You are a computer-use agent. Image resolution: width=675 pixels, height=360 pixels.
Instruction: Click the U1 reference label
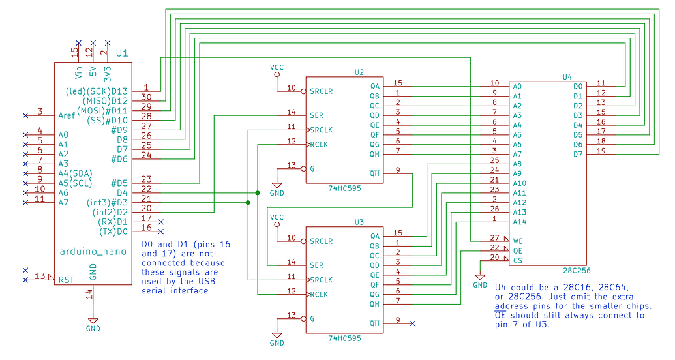pos(121,52)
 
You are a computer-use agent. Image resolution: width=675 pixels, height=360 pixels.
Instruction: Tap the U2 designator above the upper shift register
pos(359,72)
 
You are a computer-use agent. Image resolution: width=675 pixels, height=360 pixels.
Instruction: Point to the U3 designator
pos(359,222)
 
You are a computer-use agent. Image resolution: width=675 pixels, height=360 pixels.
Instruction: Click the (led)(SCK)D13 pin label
pos(97,91)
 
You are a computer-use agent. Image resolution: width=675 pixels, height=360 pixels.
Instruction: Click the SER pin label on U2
pos(317,115)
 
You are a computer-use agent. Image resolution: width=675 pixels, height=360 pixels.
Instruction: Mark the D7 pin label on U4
pos(578,154)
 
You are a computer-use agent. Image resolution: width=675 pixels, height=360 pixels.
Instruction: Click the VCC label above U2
pos(277,67)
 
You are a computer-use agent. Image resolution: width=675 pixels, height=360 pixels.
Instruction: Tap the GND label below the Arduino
pos(93,329)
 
